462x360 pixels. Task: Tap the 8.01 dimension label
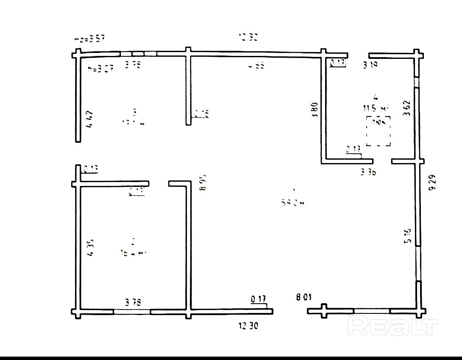(x=304, y=297)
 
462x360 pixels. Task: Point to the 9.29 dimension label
(x=432, y=183)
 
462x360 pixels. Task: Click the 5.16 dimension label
(x=407, y=236)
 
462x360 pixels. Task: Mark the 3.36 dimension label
(x=368, y=172)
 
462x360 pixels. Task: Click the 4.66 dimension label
(x=256, y=65)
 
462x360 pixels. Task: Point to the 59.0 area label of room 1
(x=293, y=203)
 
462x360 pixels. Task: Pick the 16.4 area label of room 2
(x=134, y=253)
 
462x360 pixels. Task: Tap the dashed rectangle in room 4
(x=378, y=132)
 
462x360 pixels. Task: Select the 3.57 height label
(x=89, y=39)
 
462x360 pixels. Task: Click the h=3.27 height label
(x=100, y=69)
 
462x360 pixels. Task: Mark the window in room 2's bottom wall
(x=132, y=311)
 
